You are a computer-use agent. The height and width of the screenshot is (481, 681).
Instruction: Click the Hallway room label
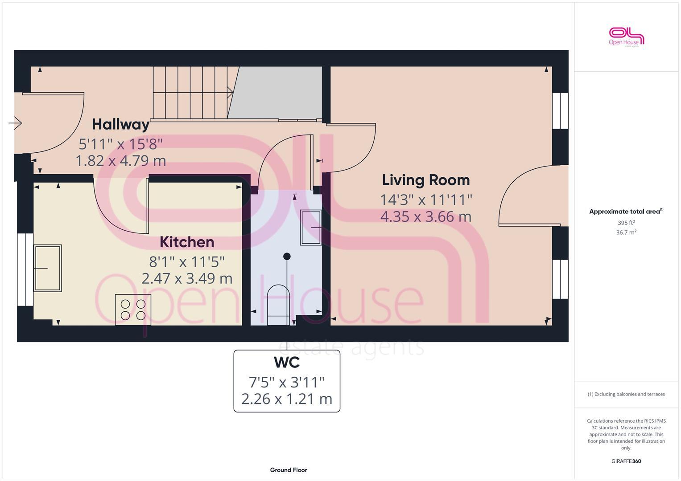click(120, 124)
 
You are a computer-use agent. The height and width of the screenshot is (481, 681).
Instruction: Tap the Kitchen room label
click(187, 242)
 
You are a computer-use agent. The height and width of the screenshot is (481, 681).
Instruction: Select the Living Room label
click(426, 180)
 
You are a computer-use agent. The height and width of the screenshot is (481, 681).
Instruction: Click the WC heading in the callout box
click(287, 363)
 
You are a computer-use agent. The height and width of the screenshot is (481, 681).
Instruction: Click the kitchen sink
click(48, 268)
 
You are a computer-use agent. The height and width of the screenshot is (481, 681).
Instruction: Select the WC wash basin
click(311, 228)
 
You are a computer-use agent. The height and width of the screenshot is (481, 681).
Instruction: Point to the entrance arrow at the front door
click(15, 122)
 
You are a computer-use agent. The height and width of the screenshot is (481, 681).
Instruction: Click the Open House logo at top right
click(627, 37)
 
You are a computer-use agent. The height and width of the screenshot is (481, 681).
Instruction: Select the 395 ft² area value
click(626, 223)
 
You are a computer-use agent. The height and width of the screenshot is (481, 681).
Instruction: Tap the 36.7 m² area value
click(626, 232)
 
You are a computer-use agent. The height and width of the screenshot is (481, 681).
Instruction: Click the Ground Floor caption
click(288, 470)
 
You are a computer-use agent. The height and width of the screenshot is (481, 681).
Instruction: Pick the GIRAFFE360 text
click(626, 461)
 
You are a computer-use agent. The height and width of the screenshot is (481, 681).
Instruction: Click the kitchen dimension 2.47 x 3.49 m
click(187, 279)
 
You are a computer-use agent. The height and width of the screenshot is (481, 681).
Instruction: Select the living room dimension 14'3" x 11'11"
click(426, 200)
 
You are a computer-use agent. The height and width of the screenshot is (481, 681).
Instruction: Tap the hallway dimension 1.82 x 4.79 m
click(121, 161)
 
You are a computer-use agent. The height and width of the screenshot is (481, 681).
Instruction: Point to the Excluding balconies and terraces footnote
click(626, 394)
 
